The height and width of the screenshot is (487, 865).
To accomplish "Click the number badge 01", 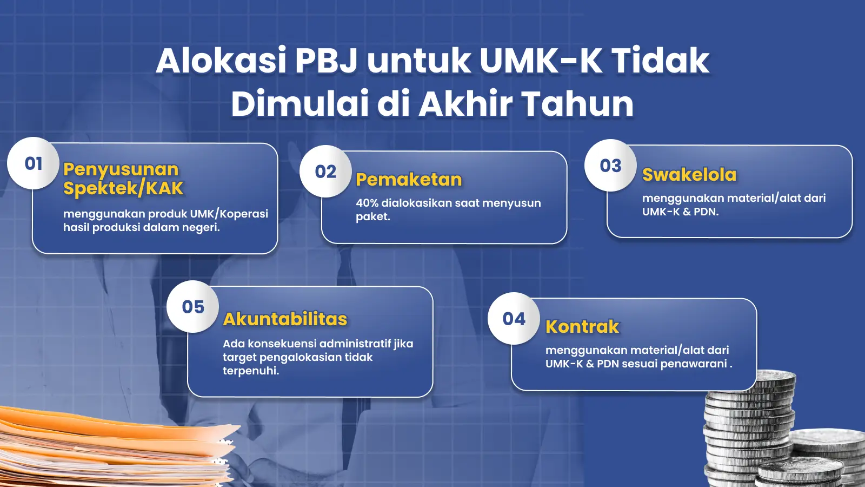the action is click(x=33, y=163).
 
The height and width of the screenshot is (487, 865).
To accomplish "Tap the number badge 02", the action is click(x=325, y=171).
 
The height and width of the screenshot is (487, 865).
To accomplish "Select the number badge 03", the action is click(x=610, y=166).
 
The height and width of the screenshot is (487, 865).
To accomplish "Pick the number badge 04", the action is click(x=514, y=319).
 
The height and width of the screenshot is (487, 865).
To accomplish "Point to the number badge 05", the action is click(x=192, y=306).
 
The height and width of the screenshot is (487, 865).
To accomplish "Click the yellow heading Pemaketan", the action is click(x=409, y=180).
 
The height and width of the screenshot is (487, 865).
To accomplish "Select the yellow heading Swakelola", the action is click(x=689, y=175).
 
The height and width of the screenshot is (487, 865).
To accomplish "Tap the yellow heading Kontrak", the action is click(x=582, y=327).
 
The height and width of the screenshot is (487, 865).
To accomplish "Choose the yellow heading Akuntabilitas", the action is click(x=285, y=319).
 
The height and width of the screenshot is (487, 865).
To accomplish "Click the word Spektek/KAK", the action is click(x=123, y=189).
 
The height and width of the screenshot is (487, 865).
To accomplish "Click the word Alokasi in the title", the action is click(x=221, y=61).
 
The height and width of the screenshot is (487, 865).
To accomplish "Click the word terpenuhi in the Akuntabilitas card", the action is click(x=251, y=371).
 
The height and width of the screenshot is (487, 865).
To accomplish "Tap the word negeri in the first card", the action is click(x=201, y=228).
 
